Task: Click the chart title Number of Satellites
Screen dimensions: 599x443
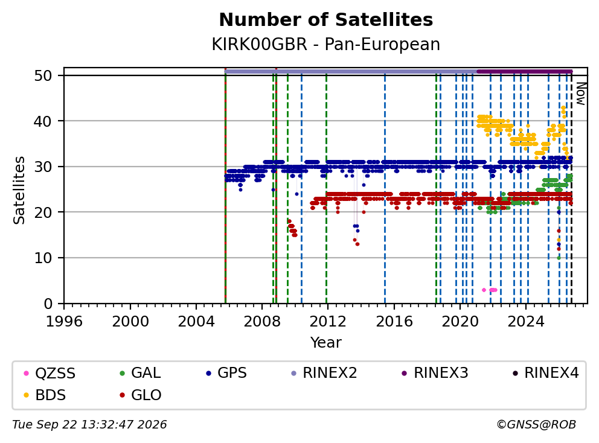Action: coord(326,20)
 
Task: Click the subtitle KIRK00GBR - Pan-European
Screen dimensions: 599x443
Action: coord(326,44)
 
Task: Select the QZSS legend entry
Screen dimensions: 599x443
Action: coord(50,373)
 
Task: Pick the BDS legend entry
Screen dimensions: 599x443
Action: coord(45,395)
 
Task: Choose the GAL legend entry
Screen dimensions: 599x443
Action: coord(140,373)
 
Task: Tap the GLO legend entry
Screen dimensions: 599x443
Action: coord(141,395)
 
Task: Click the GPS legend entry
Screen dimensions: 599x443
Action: coord(226,373)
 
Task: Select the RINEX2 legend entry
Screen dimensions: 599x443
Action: coord(324,373)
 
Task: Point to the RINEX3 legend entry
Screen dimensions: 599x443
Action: coord(435,373)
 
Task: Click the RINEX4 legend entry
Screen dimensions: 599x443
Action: coord(546,373)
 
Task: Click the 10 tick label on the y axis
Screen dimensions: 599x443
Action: coord(43,258)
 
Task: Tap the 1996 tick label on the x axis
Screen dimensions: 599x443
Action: coord(64,322)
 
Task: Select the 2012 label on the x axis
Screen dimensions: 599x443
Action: coord(327,322)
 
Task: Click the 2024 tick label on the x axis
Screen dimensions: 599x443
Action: coord(526,322)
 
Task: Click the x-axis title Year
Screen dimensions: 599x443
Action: coord(326,343)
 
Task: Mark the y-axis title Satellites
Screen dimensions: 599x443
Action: coord(19,190)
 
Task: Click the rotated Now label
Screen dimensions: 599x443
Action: coord(581,94)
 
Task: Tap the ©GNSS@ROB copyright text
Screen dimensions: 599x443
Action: coord(536,425)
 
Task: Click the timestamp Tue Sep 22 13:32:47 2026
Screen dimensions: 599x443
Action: coord(89,425)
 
